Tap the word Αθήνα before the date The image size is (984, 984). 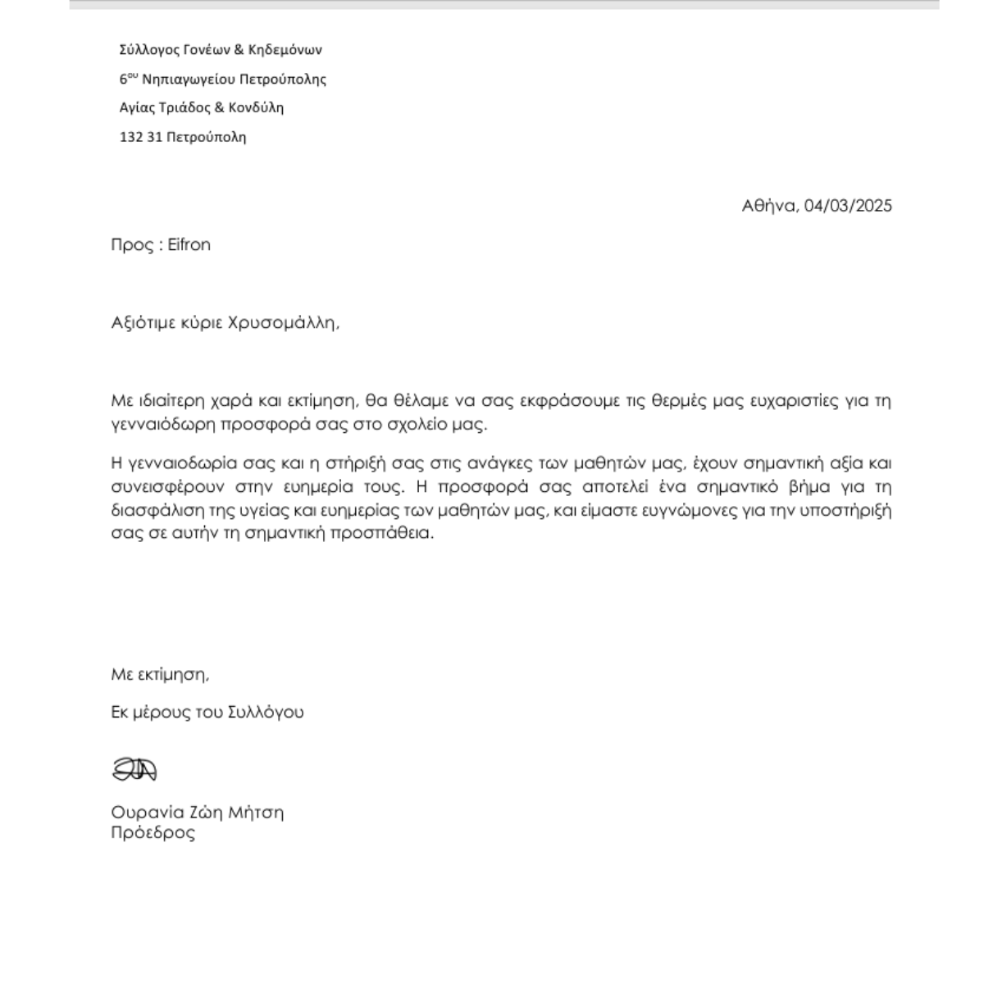pyautogui.click(x=769, y=206)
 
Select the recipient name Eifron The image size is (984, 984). pyautogui.click(x=189, y=244)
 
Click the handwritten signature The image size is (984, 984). pyautogui.click(x=134, y=769)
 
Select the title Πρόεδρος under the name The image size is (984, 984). pyautogui.click(x=153, y=833)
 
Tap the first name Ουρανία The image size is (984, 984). pyautogui.click(x=144, y=813)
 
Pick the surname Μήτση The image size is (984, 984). pyautogui.click(x=257, y=813)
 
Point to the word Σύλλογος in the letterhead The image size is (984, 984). pyautogui.click(x=148, y=50)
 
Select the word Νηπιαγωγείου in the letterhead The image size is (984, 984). pyautogui.click(x=189, y=80)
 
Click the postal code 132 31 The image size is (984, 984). pyautogui.click(x=141, y=137)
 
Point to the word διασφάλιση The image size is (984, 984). pyautogui.click(x=151, y=510)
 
